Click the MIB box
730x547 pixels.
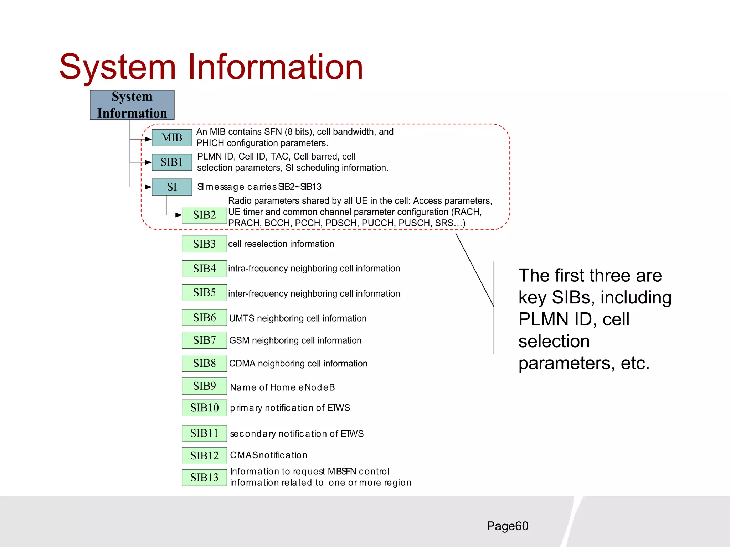click(x=172, y=137)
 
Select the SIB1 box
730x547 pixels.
click(x=172, y=162)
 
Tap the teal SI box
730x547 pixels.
click(x=172, y=187)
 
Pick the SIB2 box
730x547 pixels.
click(x=204, y=215)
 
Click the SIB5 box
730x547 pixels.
click(x=204, y=292)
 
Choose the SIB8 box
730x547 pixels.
click(x=204, y=363)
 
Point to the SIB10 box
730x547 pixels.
click(x=204, y=408)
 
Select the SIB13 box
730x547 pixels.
click(x=204, y=478)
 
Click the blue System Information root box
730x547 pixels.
click(x=132, y=105)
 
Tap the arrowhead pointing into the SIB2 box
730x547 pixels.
click(x=179, y=215)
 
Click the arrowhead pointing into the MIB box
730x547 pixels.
click(x=149, y=139)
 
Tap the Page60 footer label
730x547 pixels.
click(x=507, y=526)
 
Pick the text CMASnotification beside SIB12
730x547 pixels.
click(x=269, y=455)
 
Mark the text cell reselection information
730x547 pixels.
click(x=281, y=244)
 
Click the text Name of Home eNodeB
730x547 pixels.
click(x=282, y=387)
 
